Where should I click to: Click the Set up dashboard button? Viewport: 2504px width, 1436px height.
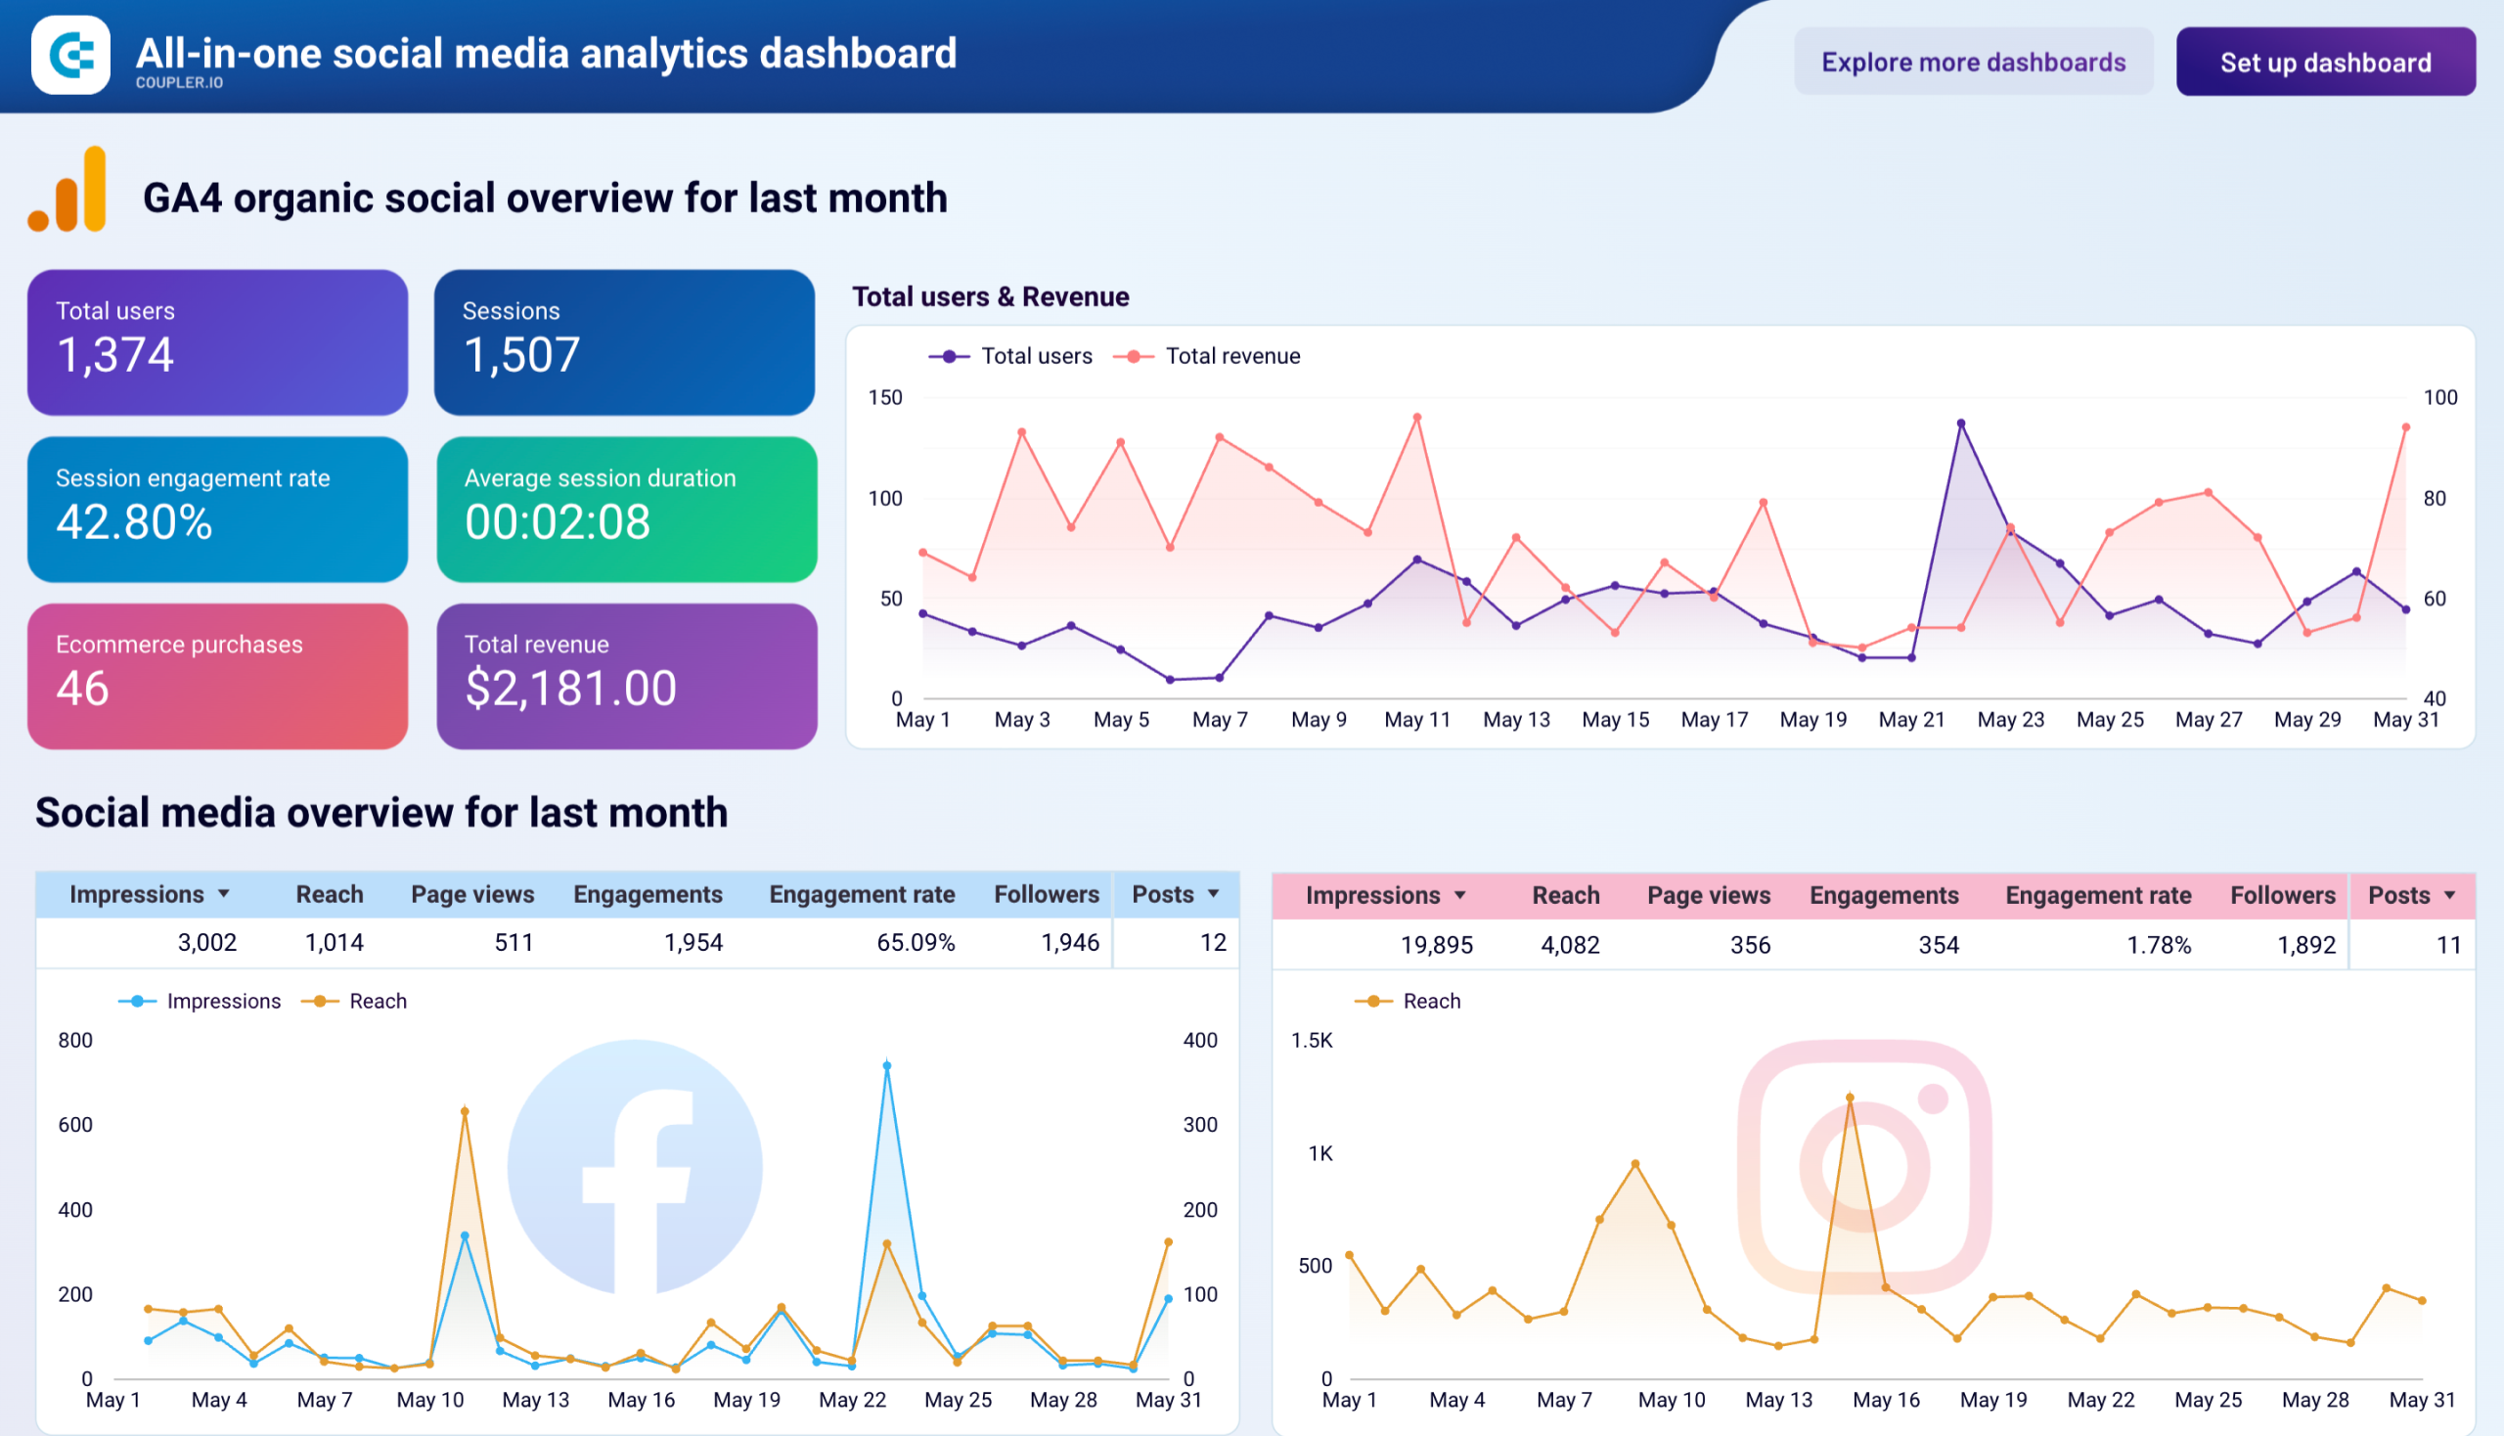(x=2324, y=63)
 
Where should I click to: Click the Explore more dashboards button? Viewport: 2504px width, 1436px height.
(x=1973, y=63)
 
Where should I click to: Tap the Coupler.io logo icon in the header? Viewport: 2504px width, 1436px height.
(x=71, y=55)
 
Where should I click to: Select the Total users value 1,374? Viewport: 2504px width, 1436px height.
(x=115, y=355)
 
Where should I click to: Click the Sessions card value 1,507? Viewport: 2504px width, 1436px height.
(x=521, y=355)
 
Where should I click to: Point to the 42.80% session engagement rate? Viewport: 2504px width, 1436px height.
(x=134, y=521)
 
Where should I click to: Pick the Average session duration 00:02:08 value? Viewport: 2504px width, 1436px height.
(x=558, y=521)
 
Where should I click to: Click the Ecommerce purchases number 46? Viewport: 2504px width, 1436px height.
(x=83, y=688)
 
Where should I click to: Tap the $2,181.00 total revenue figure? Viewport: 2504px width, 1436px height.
(x=571, y=688)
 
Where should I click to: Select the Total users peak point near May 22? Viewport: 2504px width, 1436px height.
(x=1960, y=425)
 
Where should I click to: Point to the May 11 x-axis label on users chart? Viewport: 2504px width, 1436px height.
(x=1417, y=720)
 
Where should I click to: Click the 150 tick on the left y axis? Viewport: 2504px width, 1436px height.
(x=884, y=397)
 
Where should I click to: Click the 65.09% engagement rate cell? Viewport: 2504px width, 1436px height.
(x=916, y=943)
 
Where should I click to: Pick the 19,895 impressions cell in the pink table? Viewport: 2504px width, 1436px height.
(x=1436, y=945)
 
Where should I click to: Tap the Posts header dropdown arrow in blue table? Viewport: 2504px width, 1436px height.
(x=1213, y=893)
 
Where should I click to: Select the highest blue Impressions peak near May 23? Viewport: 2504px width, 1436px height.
(x=886, y=1066)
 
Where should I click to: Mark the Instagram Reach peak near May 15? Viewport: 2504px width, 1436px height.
(x=1851, y=1098)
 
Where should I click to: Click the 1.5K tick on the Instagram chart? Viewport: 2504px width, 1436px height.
(x=1312, y=1041)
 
